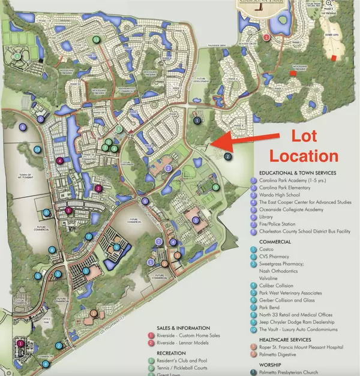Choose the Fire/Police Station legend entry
(285, 227)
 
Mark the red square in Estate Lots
(334, 57)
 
